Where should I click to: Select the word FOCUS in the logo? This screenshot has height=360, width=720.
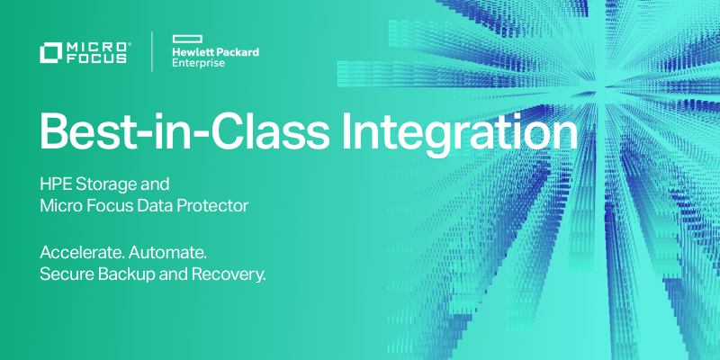pos(97,61)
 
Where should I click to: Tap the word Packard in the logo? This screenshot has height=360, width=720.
pos(237,52)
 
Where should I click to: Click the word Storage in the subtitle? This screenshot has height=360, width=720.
pos(107,185)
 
